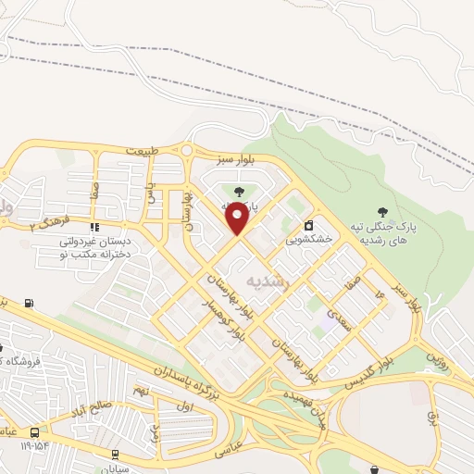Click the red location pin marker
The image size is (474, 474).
(238, 219)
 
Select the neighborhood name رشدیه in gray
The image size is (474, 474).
(268, 280)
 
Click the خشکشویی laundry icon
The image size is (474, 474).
(308, 225)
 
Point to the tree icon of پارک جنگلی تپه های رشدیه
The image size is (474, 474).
(383, 193)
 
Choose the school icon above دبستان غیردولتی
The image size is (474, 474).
(94, 227)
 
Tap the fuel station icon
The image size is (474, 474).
(29, 304)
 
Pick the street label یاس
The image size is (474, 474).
(150, 192)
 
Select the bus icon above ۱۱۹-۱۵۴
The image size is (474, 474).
(35, 432)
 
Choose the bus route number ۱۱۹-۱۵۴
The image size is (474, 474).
(35, 446)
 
